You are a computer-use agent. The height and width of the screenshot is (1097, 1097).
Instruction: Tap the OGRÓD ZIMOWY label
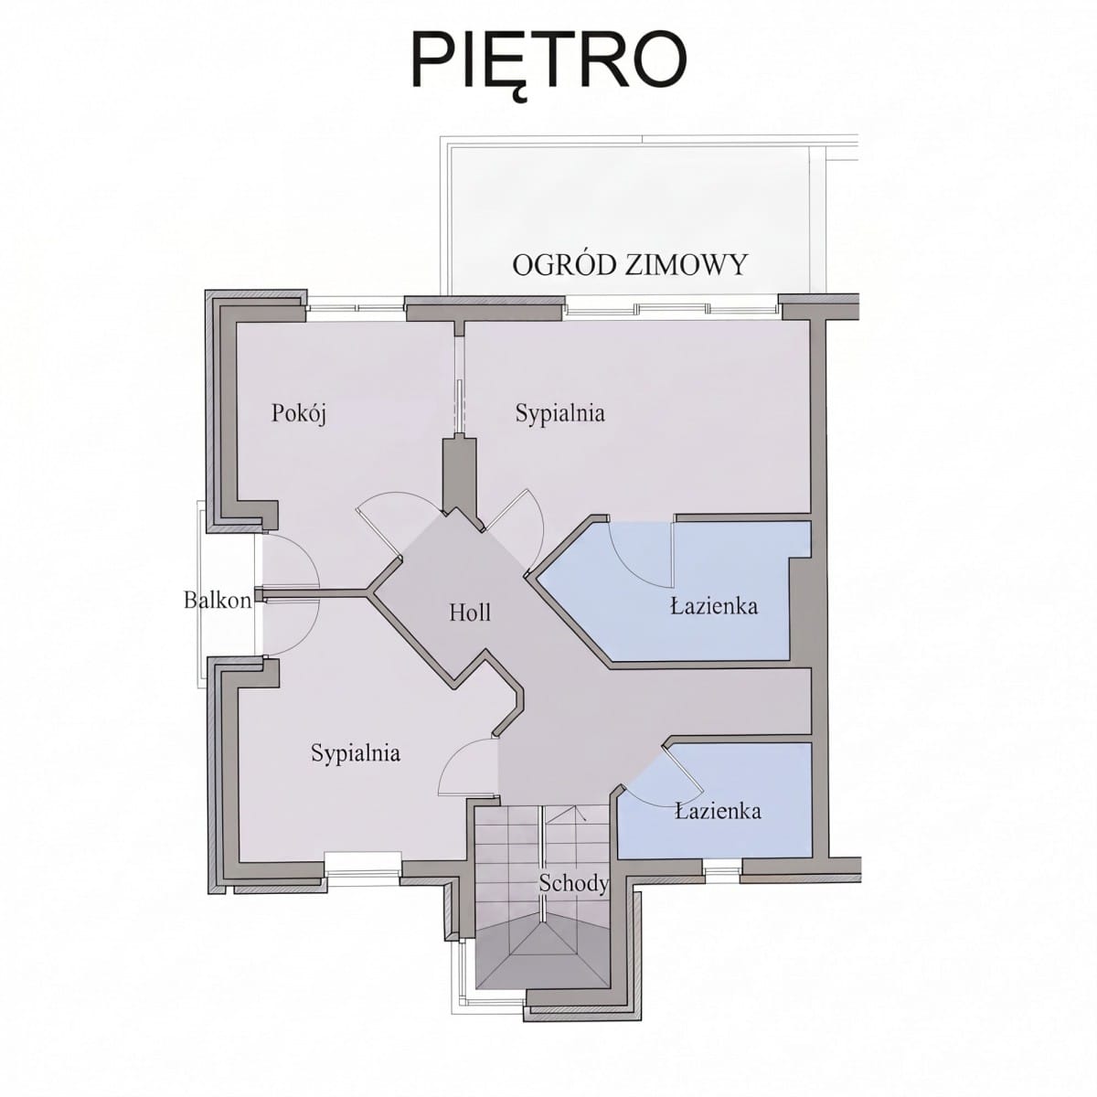tap(629, 265)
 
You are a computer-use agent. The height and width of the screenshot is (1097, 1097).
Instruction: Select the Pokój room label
tap(299, 413)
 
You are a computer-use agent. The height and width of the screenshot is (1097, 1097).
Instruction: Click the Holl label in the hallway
tap(470, 612)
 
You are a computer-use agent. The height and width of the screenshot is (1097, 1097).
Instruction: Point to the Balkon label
tap(218, 600)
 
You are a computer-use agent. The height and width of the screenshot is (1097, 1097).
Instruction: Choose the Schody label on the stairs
tap(574, 883)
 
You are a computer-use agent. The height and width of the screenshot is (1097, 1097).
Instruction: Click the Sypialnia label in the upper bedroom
tap(559, 413)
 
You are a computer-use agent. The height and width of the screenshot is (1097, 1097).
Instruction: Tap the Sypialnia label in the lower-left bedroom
tap(356, 753)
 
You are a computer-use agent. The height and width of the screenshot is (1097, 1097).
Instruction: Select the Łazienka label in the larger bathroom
tap(714, 606)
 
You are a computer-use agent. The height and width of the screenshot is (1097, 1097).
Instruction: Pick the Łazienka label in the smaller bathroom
tap(718, 810)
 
